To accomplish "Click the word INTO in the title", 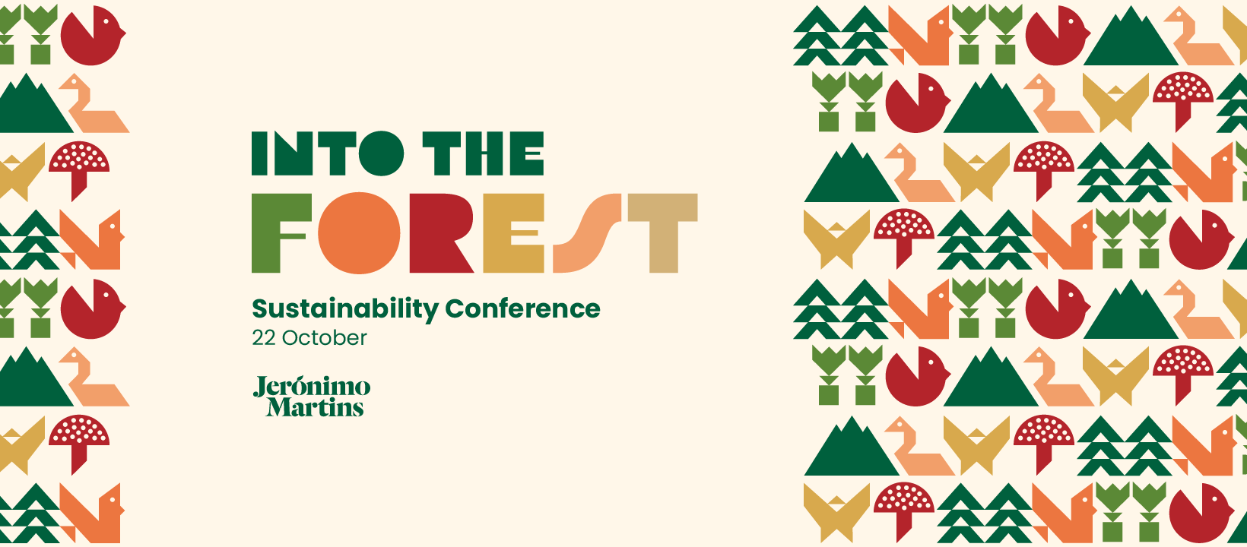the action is click(327, 153).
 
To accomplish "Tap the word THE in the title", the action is click(484, 153).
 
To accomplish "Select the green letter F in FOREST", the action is click(281, 233).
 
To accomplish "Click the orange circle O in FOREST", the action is click(359, 233).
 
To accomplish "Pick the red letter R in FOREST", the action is click(441, 233).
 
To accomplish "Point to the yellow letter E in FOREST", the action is click(513, 233).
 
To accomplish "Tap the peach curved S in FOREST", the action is click(587, 233).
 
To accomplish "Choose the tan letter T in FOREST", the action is click(663, 233).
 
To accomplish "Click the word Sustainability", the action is click(345, 309).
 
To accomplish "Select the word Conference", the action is click(522, 308).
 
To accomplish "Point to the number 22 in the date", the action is click(263, 338).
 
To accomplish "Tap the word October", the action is click(325, 338).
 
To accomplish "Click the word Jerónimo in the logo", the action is click(312, 386).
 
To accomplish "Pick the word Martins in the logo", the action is click(315, 406).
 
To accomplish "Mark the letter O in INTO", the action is click(382, 153).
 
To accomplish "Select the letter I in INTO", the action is click(259, 153).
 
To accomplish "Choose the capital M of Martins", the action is click(279, 406).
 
